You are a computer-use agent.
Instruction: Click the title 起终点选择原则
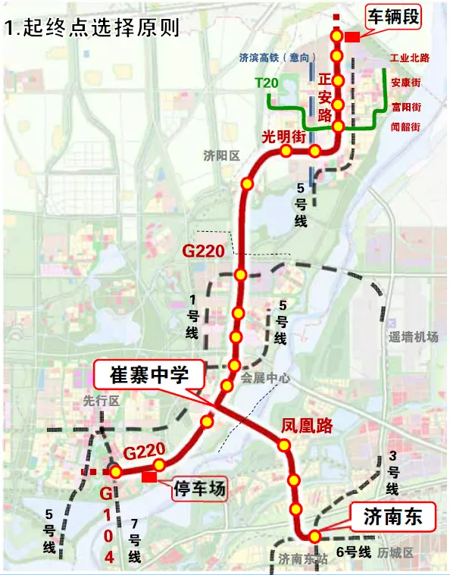coord(92,29)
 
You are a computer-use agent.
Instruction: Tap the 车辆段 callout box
coord(392,17)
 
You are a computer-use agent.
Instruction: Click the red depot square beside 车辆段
coord(352,37)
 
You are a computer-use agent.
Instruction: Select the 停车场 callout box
coord(196,489)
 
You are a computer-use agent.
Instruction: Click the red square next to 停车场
coord(149,477)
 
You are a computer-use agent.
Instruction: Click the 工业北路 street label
coord(409,58)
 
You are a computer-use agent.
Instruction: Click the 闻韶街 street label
coord(405,127)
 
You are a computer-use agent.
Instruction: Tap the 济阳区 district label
coord(221,155)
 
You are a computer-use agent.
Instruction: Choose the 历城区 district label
coord(398,555)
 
